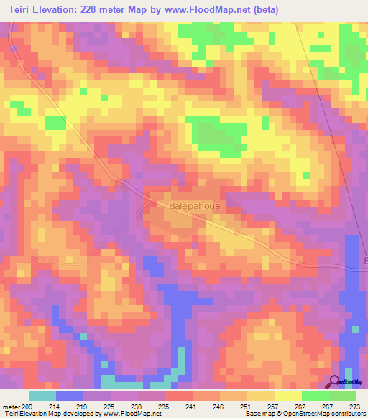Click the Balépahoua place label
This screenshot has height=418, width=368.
pos(194,205)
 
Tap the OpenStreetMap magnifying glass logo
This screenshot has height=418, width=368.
pos(336,382)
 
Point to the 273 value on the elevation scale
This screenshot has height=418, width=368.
pos(354,406)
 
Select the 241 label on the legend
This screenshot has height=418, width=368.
pos(190,406)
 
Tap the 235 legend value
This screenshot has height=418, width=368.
pos(163,406)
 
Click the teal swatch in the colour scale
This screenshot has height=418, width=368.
pos(42,396)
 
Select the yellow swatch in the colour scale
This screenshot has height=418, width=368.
pos(288,396)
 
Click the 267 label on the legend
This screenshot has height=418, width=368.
pos(327,406)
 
